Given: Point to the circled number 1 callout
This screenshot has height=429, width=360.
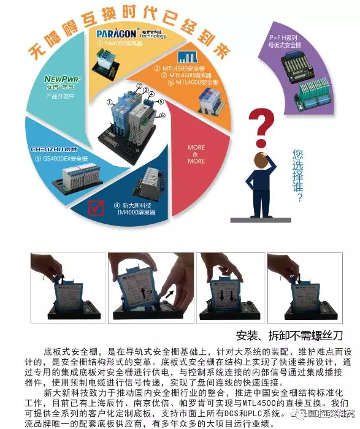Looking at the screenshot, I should (109, 102).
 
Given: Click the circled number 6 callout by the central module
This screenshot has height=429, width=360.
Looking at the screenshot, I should (162, 116).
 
